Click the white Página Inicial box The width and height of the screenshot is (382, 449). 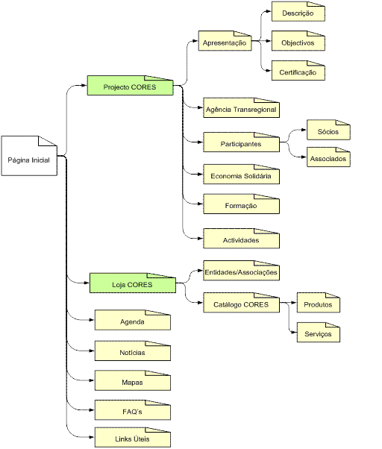[x=29, y=156]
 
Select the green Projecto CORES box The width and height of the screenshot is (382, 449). [x=130, y=85]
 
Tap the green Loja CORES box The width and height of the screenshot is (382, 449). [x=133, y=283]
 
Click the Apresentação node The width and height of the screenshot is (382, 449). [x=225, y=41]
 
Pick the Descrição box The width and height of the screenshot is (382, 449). [x=298, y=11]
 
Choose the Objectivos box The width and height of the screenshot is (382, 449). [x=298, y=41]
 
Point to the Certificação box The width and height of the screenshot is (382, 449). [x=298, y=70]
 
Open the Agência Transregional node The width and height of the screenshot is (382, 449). [x=242, y=107]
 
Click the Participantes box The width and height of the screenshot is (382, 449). [x=242, y=142]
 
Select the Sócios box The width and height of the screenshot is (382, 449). [x=328, y=130]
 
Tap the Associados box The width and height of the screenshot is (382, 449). [x=328, y=157]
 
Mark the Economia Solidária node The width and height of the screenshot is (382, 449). [x=242, y=174]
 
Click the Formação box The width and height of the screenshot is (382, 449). [x=242, y=204]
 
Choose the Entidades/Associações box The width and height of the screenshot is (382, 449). [x=242, y=271]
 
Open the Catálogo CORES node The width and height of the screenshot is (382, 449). [x=242, y=303]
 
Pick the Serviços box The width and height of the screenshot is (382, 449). [x=319, y=333]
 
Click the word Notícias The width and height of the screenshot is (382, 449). [x=132, y=353]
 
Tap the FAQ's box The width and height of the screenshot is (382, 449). [x=133, y=410]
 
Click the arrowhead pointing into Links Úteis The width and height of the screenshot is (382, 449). [x=92, y=437]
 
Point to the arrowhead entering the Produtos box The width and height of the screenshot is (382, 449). [x=294, y=302]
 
